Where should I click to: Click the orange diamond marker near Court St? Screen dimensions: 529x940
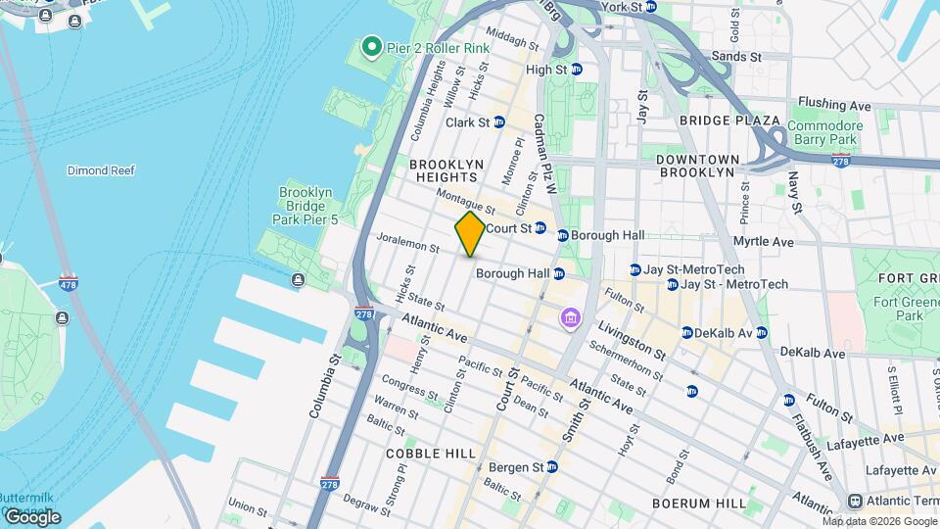pyautogui.click(x=470, y=234)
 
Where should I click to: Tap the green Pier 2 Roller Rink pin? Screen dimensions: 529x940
pyautogui.click(x=371, y=46)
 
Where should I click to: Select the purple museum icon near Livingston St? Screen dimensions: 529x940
pyautogui.click(x=570, y=317)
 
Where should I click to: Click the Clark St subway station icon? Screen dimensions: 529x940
pyautogui.click(x=499, y=122)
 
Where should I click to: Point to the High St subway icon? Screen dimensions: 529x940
pyautogui.click(x=577, y=70)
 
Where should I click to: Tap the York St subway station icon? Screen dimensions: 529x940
pyautogui.click(x=651, y=8)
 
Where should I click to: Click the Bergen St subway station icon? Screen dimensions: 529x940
pyautogui.click(x=552, y=466)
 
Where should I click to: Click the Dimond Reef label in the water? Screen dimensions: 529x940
pyautogui.click(x=100, y=170)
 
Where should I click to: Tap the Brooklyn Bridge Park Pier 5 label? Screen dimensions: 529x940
pyautogui.click(x=307, y=207)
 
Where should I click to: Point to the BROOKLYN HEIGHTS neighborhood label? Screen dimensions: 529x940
pyautogui.click(x=446, y=170)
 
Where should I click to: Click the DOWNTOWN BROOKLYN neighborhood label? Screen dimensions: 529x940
pyautogui.click(x=697, y=166)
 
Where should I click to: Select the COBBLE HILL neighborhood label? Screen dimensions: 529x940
pyautogui.click(x=431, y=454)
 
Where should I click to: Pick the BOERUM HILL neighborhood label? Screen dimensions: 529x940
pyautogui.click(x=699, y=503)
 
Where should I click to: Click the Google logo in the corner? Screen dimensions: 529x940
pyautogui.click(x=32, y=516)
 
